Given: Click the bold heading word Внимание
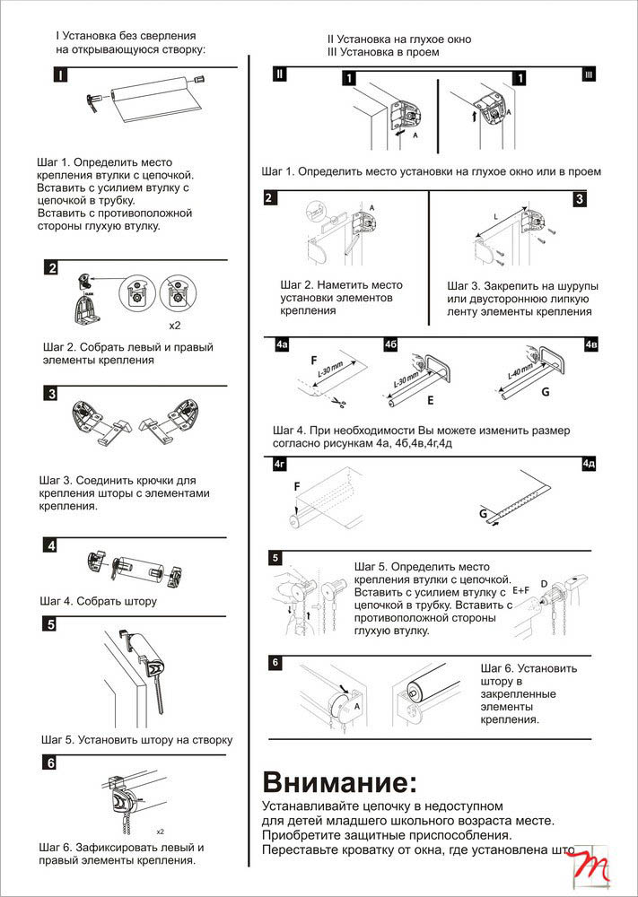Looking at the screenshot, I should pos(339,779).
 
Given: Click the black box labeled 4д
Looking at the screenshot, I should pos(589,464).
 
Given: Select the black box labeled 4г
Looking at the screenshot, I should pos(281,464).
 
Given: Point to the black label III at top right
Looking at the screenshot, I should pos(589,74).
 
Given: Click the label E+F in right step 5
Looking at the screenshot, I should pos(521,590).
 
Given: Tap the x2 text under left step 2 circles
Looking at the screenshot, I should pos(175,324).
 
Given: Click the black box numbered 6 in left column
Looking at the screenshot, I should pos(52,763).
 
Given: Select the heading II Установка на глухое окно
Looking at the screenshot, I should pos(398,40).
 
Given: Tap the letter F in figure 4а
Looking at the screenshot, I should pos(313,361).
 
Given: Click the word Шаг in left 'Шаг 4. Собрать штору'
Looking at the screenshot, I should pos(53,601).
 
